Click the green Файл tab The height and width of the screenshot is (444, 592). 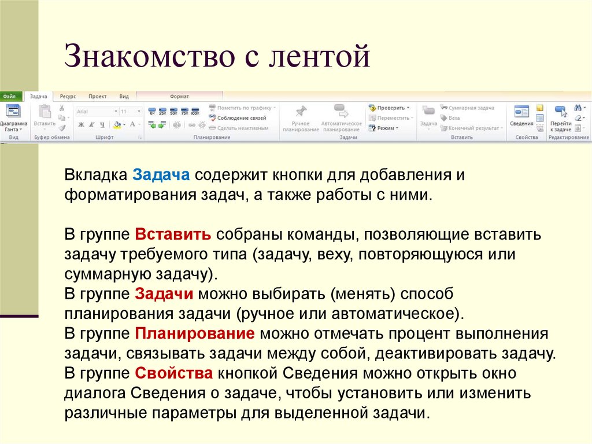coord(10,97)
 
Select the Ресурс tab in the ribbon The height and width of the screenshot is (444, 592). coord(68,97)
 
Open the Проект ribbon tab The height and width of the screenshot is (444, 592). coord(98,97)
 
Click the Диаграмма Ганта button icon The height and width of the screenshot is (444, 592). coord(13,112)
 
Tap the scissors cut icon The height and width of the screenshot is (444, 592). coord(62,108)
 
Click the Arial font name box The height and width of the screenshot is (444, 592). coord(94,111)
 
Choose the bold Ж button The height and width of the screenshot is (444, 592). coord(81,124)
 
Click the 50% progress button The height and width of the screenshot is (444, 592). coord(173,111)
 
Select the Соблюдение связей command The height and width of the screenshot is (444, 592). coord(238,118)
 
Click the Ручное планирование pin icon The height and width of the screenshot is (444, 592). coord(301,111)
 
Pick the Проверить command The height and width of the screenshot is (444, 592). coord(388,108)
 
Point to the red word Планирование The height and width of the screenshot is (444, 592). coord(195,333)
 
